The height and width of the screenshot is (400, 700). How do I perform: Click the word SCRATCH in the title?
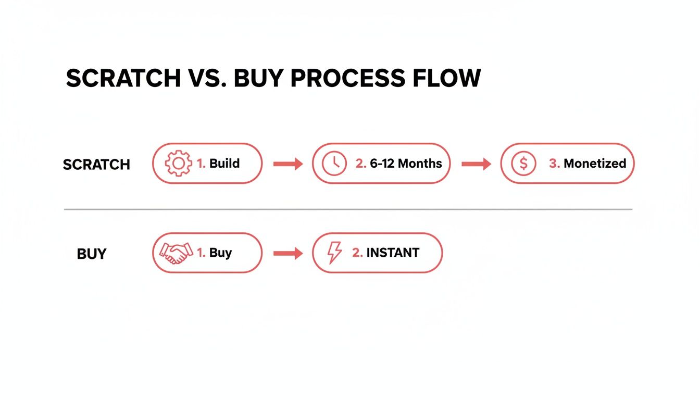123,78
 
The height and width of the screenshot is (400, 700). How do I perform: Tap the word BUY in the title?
259,78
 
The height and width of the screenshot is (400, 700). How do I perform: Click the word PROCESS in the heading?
347,78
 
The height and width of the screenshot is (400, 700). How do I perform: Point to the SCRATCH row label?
96,165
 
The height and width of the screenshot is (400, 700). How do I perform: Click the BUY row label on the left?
92,254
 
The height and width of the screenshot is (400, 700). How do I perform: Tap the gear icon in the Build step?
178,164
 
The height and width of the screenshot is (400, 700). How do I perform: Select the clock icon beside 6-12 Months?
334,164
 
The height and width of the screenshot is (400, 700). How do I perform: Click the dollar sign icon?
523,164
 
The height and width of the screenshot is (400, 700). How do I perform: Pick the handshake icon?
176,253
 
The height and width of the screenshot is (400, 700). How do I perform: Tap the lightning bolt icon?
334,253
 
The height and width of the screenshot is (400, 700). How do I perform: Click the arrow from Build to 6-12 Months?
288,164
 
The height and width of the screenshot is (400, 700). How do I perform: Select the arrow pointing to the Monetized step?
476,164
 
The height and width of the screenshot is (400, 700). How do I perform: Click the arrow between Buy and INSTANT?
288,254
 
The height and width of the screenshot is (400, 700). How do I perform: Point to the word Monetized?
595,164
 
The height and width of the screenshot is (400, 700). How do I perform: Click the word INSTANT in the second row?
393,253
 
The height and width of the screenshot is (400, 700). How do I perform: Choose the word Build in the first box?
224,164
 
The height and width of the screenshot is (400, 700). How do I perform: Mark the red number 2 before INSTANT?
357,253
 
